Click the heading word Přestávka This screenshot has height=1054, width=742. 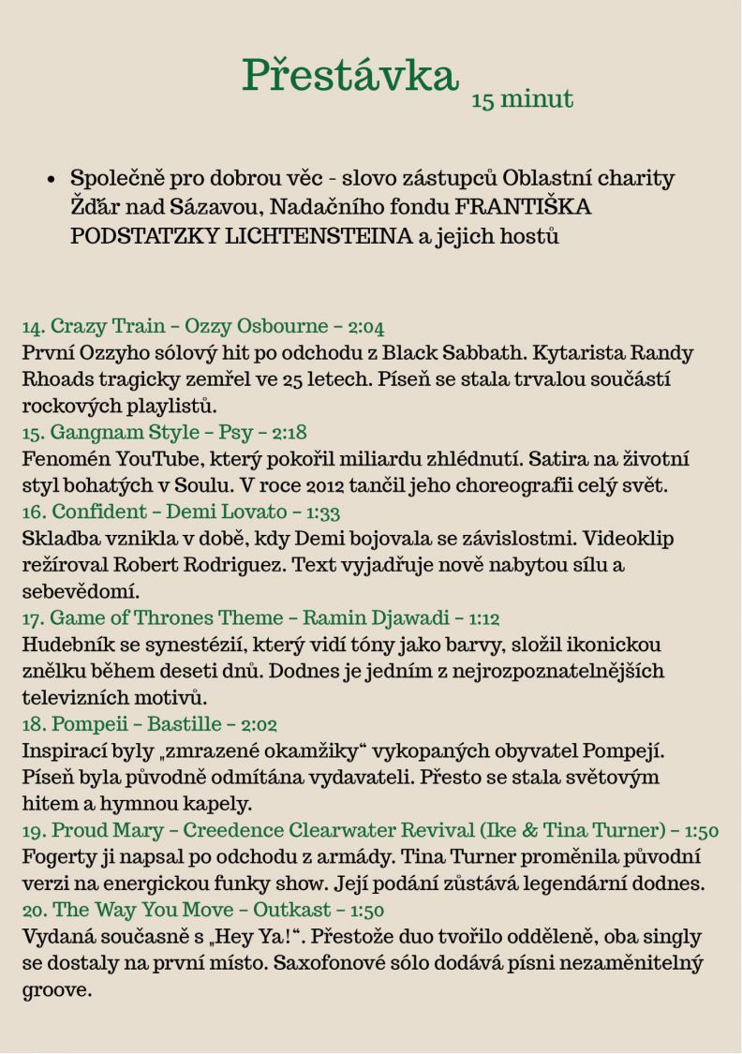point(350,75)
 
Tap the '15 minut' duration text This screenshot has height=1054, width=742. point(522,99)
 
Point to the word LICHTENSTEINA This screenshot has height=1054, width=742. point(319,235)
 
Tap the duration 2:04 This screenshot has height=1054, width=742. point(365,327)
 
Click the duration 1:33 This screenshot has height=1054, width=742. point(322,512)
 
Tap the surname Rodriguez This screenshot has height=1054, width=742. point(239,565)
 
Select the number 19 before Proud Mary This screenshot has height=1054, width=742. point(33,831)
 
